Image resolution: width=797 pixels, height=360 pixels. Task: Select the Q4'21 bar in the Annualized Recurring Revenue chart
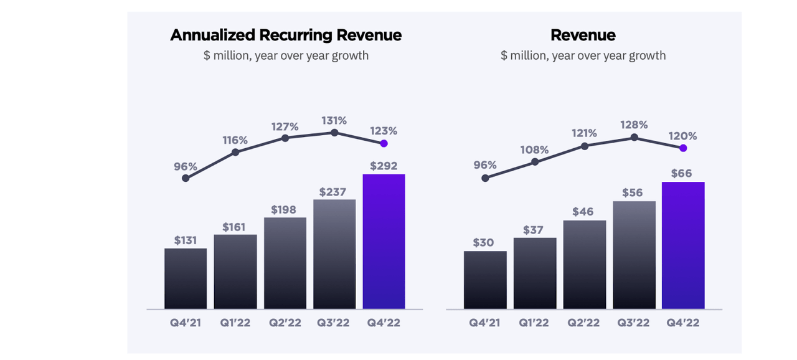[186, 278]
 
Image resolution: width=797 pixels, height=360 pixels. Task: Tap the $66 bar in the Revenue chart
[683, 245]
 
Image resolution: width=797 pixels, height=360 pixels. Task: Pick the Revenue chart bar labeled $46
[584, 265]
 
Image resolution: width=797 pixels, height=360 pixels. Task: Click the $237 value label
[334, 192]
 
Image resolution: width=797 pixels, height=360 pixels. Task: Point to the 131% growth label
[334, 120]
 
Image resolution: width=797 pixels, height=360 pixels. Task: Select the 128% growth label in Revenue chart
[634, 125]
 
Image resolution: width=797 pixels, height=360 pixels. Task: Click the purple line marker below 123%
[384, 143]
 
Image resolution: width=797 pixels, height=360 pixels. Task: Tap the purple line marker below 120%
[683, 148]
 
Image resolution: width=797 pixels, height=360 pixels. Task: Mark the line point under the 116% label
[235, 152]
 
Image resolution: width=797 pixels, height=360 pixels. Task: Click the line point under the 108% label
[535, 162]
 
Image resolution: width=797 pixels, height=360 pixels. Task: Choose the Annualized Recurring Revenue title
[286, 35]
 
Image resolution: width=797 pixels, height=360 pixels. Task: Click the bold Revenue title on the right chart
[583, 35]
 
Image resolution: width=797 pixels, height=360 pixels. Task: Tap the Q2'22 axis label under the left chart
[285, 323]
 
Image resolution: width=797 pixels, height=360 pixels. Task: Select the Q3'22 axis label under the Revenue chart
[634, 323]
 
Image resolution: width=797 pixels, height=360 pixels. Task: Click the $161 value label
[235, 227]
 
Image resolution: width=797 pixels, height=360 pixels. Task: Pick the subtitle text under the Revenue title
[583, 55]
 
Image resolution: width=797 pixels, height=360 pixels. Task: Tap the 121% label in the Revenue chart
[584, 133]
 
